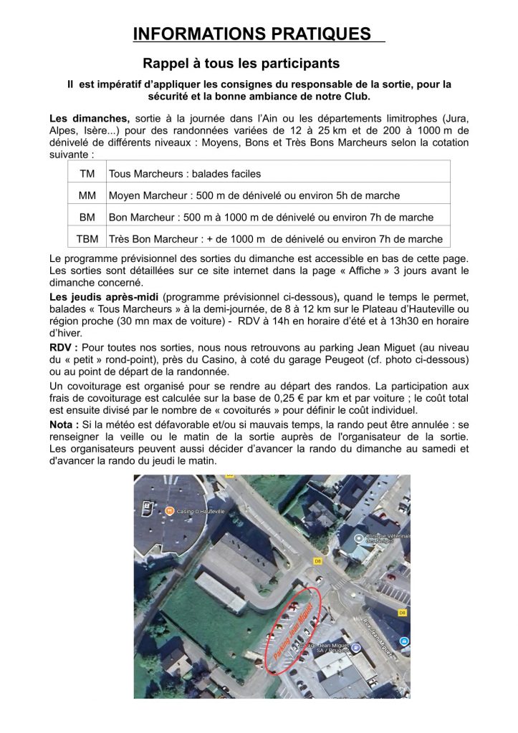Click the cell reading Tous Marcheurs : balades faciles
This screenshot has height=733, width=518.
[x=185, y=173]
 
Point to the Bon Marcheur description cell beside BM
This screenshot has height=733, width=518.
[x=271, y=217]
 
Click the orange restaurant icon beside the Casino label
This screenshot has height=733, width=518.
[x=170, y=510]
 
